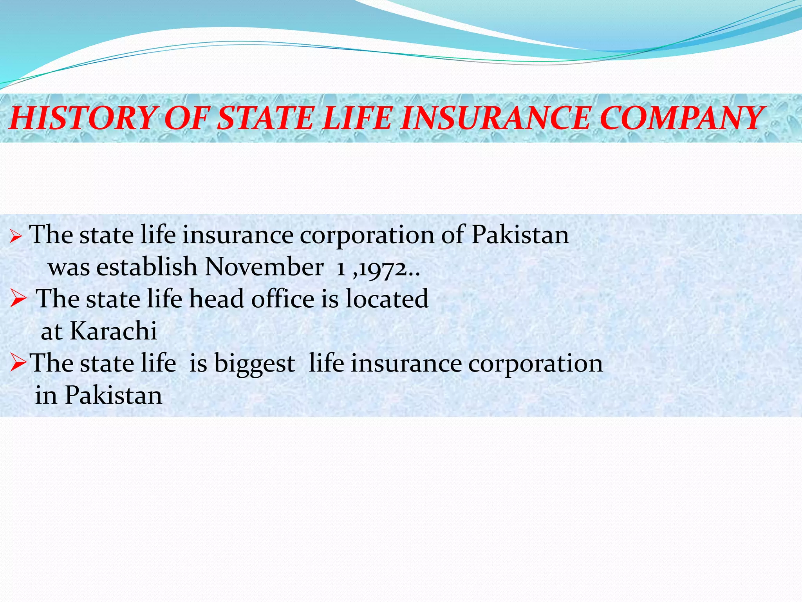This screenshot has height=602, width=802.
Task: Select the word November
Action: [x=264, y=267]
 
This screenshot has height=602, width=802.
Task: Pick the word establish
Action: [x=147, y=267]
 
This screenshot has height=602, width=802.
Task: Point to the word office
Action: [x=283, y=299]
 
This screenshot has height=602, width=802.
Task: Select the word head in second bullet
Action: [x=217, y=299]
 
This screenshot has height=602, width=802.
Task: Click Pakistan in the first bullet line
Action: [x=520, y=235]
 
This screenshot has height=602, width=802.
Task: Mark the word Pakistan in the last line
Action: [x=114, y=395]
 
